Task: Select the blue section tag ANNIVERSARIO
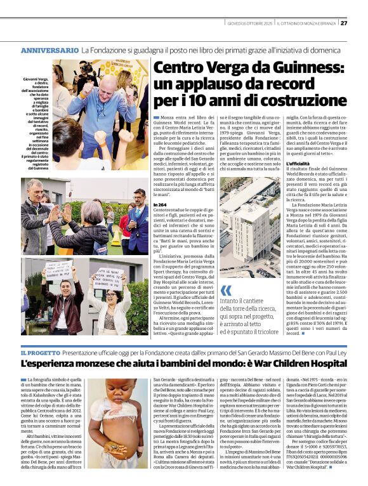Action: (x=49, y=49)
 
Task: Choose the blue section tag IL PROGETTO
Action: (x=41, y=352)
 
